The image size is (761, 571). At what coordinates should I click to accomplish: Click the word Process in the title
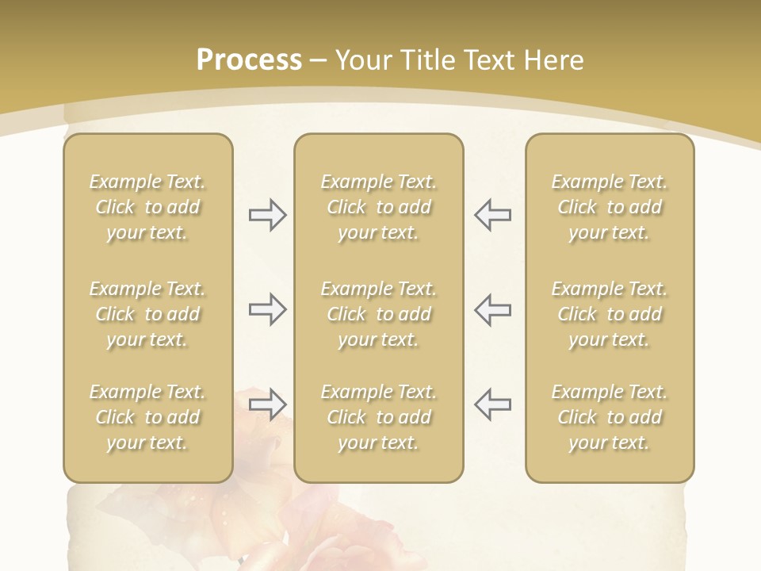click(x=249, y=60)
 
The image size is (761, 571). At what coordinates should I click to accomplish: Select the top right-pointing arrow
click(x=267, y=215)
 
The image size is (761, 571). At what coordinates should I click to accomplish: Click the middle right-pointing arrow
click(x=267, y=309)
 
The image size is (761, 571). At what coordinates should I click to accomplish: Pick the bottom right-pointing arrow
click(x=267, y=404)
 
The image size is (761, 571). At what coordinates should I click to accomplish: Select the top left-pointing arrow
click(x=493, y=215)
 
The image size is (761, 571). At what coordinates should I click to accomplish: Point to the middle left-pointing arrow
click(x=493, y=309)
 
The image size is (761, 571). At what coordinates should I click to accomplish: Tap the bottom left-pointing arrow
click(x=493, y=404)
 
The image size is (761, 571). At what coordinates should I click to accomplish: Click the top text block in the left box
click(x=147, y=207)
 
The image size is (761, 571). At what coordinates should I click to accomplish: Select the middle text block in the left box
click(x=147, y=314)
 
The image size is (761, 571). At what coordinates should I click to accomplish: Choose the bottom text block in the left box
click(x=147, y=417)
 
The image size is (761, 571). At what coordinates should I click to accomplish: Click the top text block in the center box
click(x=378, y=207)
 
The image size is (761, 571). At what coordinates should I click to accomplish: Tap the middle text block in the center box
click(x=378, y=314)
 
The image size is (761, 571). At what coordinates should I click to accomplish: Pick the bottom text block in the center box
click(x=378, y=417)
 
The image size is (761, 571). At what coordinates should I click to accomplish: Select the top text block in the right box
click(x=610, y=207)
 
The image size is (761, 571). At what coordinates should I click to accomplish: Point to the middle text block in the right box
click(x=610, y=314)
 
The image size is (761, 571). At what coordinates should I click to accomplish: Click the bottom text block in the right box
click(x=610, y=417)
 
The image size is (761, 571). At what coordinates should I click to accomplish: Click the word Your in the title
click(x=361, y=60)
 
